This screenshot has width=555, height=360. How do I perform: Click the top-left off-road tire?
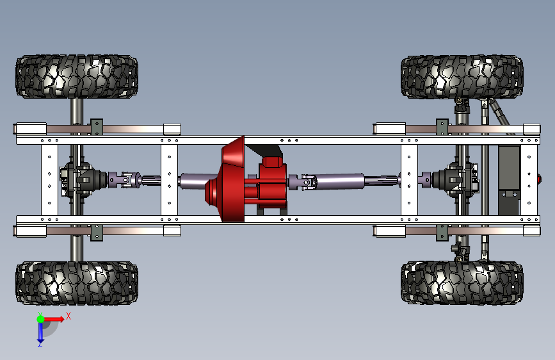77,76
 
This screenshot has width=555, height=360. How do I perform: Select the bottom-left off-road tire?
77,282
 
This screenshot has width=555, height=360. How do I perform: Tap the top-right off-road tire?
462,76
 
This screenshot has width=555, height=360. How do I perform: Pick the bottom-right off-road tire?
462,282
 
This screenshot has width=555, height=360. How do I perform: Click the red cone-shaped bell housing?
227,179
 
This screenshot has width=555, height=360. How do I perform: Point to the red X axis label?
68,316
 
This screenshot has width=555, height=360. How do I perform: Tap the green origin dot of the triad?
41,319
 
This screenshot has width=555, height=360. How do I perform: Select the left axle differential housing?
83,179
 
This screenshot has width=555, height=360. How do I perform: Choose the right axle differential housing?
456,179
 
